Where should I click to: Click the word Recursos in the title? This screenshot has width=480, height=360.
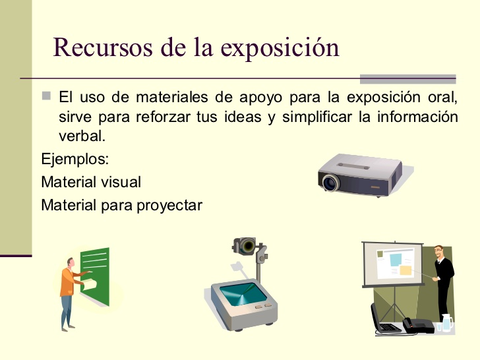(103, 47)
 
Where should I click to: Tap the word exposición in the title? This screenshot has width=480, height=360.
(280, 48)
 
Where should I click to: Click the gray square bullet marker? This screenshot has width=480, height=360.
(46, 96)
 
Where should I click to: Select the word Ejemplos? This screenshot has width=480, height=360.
(75, 159)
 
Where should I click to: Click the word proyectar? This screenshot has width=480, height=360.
(169, 206)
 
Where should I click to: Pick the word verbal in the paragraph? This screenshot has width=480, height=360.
(82, 136)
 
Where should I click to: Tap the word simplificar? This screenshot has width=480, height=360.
(317, 117)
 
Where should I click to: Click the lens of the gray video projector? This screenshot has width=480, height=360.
(331, 183)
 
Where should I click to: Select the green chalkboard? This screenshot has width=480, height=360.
(95, 276)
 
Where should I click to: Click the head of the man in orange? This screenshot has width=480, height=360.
(71, 262)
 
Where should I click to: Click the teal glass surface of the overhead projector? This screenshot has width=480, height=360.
(243, 294)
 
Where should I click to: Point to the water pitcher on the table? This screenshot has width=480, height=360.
(447, 322)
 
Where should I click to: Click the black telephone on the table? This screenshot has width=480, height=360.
(418, 325)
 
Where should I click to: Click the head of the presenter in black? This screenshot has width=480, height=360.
(439, 252)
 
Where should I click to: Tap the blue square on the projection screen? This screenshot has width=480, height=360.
(396, 260)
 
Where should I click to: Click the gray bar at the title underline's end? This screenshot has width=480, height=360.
(407, 79)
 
